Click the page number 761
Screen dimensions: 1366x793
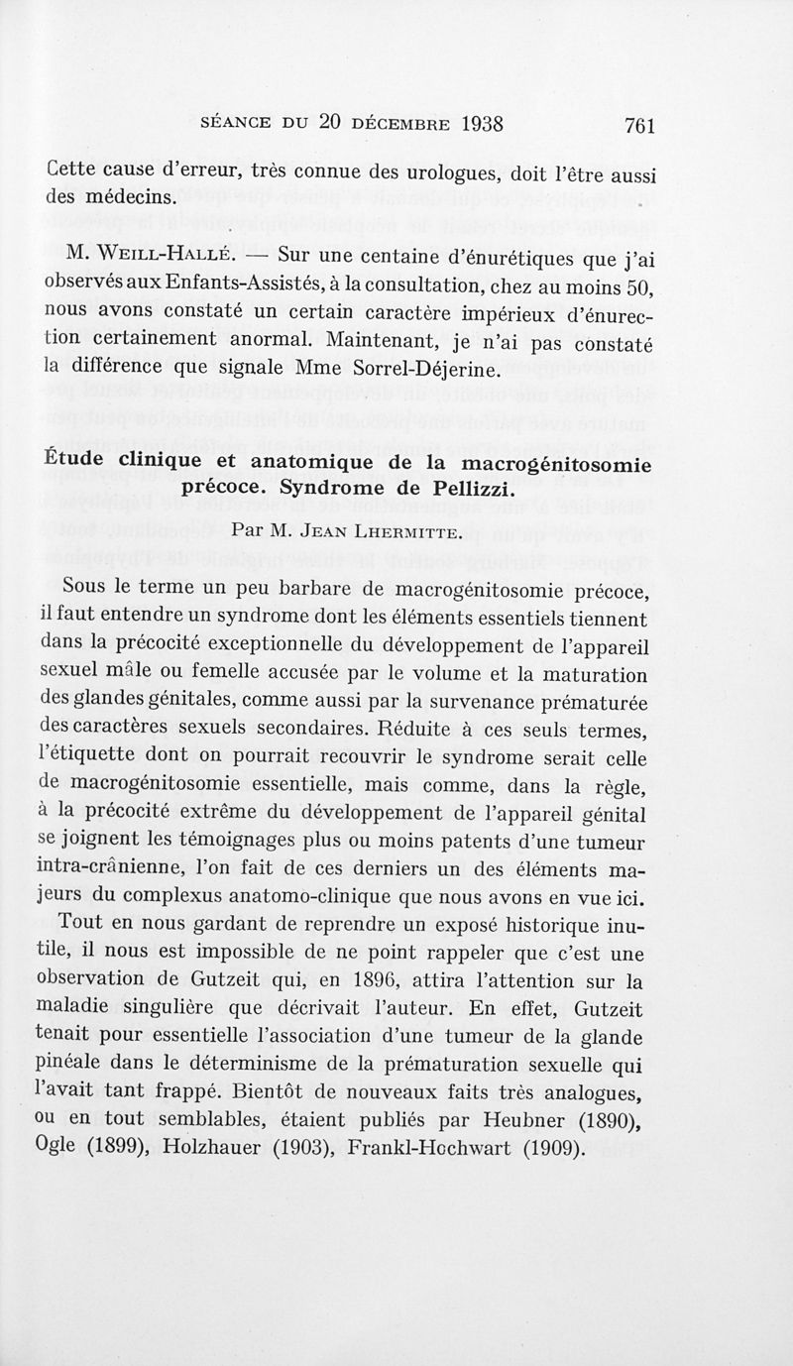point(640,126)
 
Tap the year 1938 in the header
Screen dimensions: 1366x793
point(471,124)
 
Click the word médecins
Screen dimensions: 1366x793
point(127,195)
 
